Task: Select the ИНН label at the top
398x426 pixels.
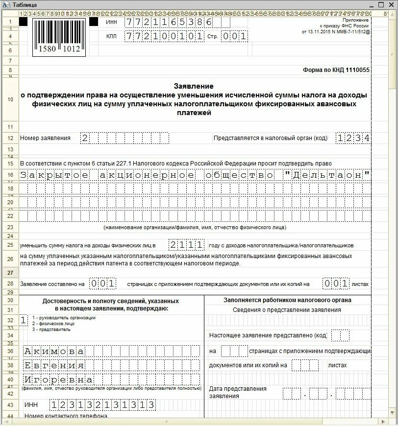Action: [111, 23]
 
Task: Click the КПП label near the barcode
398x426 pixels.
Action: [111, 36]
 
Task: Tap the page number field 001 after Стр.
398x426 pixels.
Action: [234, 36]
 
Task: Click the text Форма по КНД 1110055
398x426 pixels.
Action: [336, 70]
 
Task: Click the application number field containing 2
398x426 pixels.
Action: [125, 138]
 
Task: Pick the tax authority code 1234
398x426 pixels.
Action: [353, 138]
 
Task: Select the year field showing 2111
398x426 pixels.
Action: [187, 245]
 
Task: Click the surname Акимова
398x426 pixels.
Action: [54, 351]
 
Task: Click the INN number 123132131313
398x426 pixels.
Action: [102, 405]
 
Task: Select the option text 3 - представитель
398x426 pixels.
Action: [51, 330]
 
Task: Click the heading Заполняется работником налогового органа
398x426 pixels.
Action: [287, 300]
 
